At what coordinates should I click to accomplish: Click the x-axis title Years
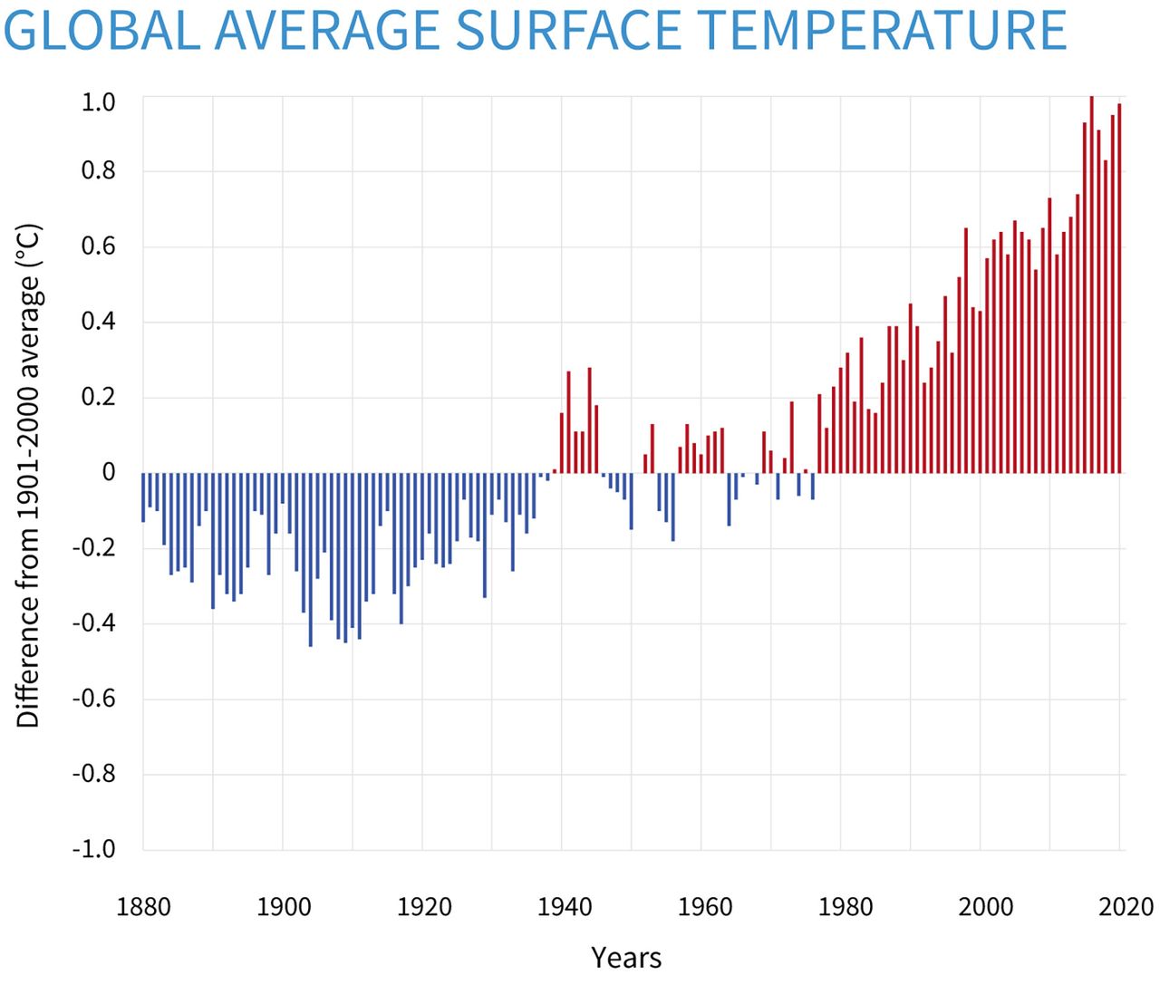click(x=626, y=957)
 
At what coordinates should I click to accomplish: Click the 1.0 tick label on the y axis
click(x=98, y=102)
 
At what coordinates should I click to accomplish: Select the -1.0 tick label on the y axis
click(x=94, y=849)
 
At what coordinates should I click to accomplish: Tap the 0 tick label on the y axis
click(x=109, y=472)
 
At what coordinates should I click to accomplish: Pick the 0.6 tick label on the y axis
click(x=98, y=246)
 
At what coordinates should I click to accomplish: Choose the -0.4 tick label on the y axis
click(x=94, y=623)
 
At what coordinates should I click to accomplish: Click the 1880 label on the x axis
click(x=143, y=906)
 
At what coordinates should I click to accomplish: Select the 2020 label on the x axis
click(x=1121, y=906)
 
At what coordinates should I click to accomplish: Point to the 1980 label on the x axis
click(x=841, y=906)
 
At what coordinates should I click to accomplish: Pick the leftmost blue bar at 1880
click(x=143, y=497)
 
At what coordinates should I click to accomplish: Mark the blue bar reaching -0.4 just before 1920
click(x=401, y=547)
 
